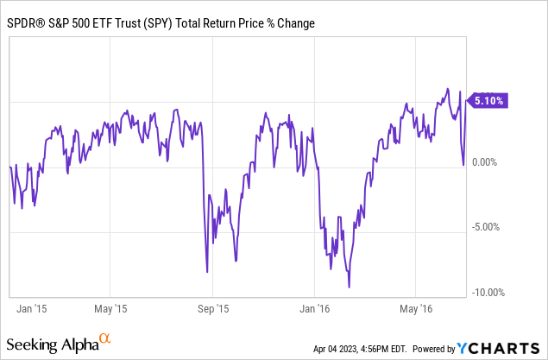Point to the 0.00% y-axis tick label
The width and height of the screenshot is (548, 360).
coord(488,161)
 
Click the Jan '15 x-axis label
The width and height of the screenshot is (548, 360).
coord(32,308)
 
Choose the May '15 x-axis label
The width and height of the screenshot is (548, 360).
coord(110,308)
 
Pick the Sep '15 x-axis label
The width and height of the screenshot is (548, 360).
coord(213,308)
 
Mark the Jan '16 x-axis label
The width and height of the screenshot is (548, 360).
coord(317,308)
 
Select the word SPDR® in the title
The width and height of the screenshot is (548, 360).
coord(28,19)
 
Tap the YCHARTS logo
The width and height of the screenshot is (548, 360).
coord(501,348)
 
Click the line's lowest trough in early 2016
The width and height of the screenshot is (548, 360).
coord(349,287)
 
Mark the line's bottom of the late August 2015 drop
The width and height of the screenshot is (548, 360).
coord(207,272)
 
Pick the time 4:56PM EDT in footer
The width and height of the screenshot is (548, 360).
coord(394,349)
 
